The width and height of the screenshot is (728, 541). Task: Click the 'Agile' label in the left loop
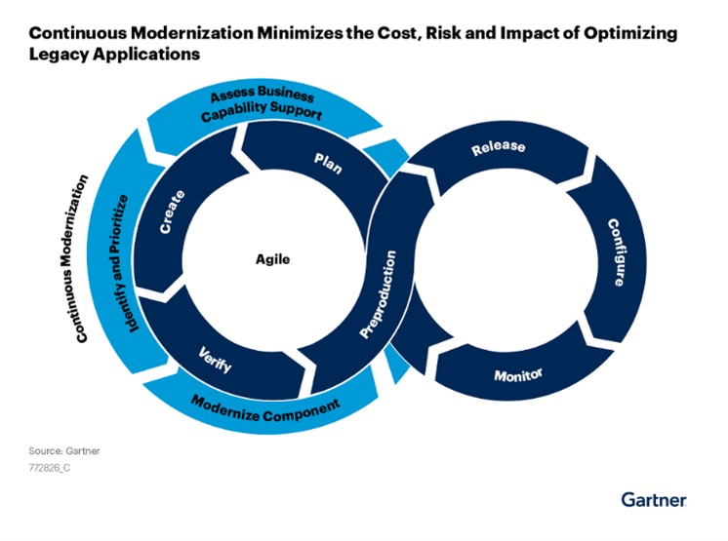[273, 260]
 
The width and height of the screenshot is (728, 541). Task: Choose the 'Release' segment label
[498, 149]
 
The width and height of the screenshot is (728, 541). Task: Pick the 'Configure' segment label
[616, 251]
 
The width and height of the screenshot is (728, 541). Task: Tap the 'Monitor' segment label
[518, 375]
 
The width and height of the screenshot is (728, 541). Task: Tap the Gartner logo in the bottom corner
[654, 499]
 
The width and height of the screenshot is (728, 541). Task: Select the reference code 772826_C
[57, 468]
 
